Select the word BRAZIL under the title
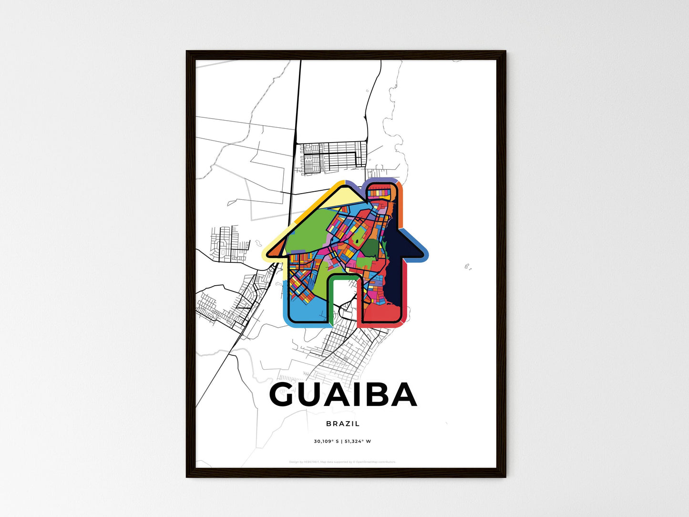pos(343,424)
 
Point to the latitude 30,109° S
pos(326,441)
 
